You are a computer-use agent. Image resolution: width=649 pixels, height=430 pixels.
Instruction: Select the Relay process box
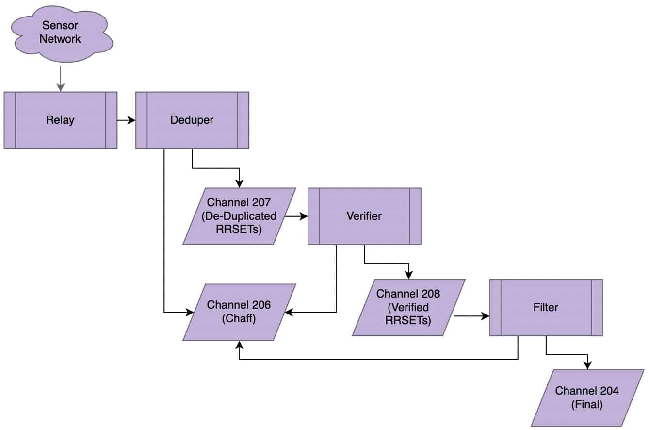pyautogui.click(x=60, y=120)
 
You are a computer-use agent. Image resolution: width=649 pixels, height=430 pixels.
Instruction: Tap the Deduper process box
pyautogui.click(x=192, y=120)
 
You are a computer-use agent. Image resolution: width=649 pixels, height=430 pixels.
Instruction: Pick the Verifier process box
pyautogui.click(x=364, y=216)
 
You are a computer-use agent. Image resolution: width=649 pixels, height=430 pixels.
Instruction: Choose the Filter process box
pyautogui.click(x=546, y=307)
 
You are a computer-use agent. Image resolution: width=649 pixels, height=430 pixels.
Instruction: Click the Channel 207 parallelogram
pyautogui.click(x=239, y=216)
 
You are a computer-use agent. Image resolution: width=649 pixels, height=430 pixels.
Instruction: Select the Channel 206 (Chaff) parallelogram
pyautogui.click(x=239, y=312)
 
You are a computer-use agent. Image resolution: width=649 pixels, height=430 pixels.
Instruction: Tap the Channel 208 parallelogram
pyautogui.click(x=408, y=307)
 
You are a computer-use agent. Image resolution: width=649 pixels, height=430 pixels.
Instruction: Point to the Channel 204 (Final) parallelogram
pyautogui.click(x=587, y=397)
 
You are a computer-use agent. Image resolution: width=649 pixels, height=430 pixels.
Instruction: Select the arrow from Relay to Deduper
pyautogui.click(x=126, y=120)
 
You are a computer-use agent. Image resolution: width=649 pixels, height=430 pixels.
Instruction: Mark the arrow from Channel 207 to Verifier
pyautogui.click(x=296, y=216)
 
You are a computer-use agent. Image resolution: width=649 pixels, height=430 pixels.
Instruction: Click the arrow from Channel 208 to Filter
pyautogui.click(x=471, y=316)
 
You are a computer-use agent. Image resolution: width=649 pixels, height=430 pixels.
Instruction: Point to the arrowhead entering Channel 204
pyautogui.click(x=587, y=365)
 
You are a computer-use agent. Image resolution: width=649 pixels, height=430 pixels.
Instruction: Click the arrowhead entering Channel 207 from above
pyautogui.click(x=239, y=183)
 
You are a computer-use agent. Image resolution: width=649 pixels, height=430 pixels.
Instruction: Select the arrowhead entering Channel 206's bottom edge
pyautogui.click(x=239, y=344)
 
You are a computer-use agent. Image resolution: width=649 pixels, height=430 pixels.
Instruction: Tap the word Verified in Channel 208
pyautogui.click(x=408, y=307)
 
